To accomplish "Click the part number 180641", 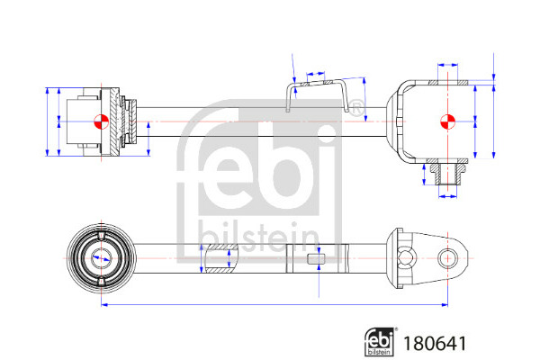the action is point(435,344).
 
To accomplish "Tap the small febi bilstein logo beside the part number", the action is point(380,341).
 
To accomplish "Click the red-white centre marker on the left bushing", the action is point(101,121).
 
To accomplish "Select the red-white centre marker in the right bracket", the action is point(447,121).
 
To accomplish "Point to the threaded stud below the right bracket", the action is point(447,174).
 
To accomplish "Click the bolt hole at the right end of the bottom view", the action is point(447,258).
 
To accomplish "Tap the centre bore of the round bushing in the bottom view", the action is point(101,258).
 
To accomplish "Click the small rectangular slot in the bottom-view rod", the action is point(316,258).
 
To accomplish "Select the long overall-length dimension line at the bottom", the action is point(274,304).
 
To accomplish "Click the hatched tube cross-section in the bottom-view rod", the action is point(221,258).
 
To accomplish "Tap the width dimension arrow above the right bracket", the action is point(447,65).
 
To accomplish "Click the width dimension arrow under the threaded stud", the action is point(447,196).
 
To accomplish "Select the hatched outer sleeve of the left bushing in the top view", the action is point(114,121).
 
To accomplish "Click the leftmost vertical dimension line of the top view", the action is point(48,121).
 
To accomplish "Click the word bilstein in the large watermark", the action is point(259,237).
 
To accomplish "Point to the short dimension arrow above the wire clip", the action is point(316,74).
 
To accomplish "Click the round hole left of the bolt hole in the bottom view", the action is point(407,258).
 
